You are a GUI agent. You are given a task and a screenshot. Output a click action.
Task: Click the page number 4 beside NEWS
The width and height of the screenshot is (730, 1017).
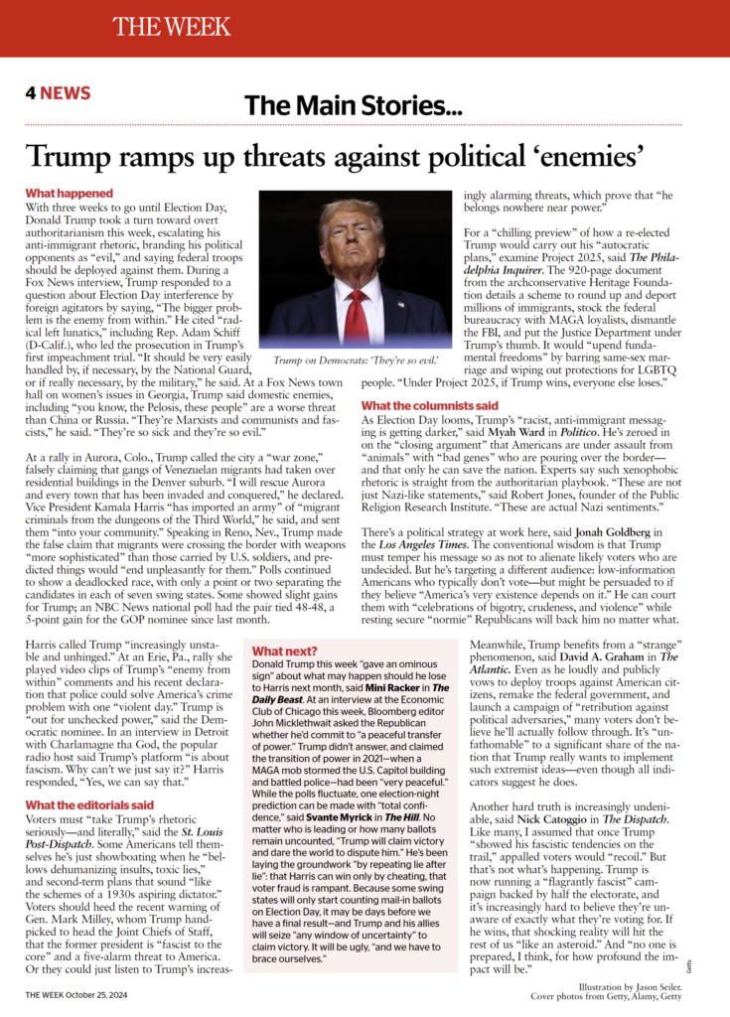pyautogui.click(x=31, y=94)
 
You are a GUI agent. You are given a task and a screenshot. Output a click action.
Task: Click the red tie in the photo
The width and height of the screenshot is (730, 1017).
pyautogui.click(x=356, y=315)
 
